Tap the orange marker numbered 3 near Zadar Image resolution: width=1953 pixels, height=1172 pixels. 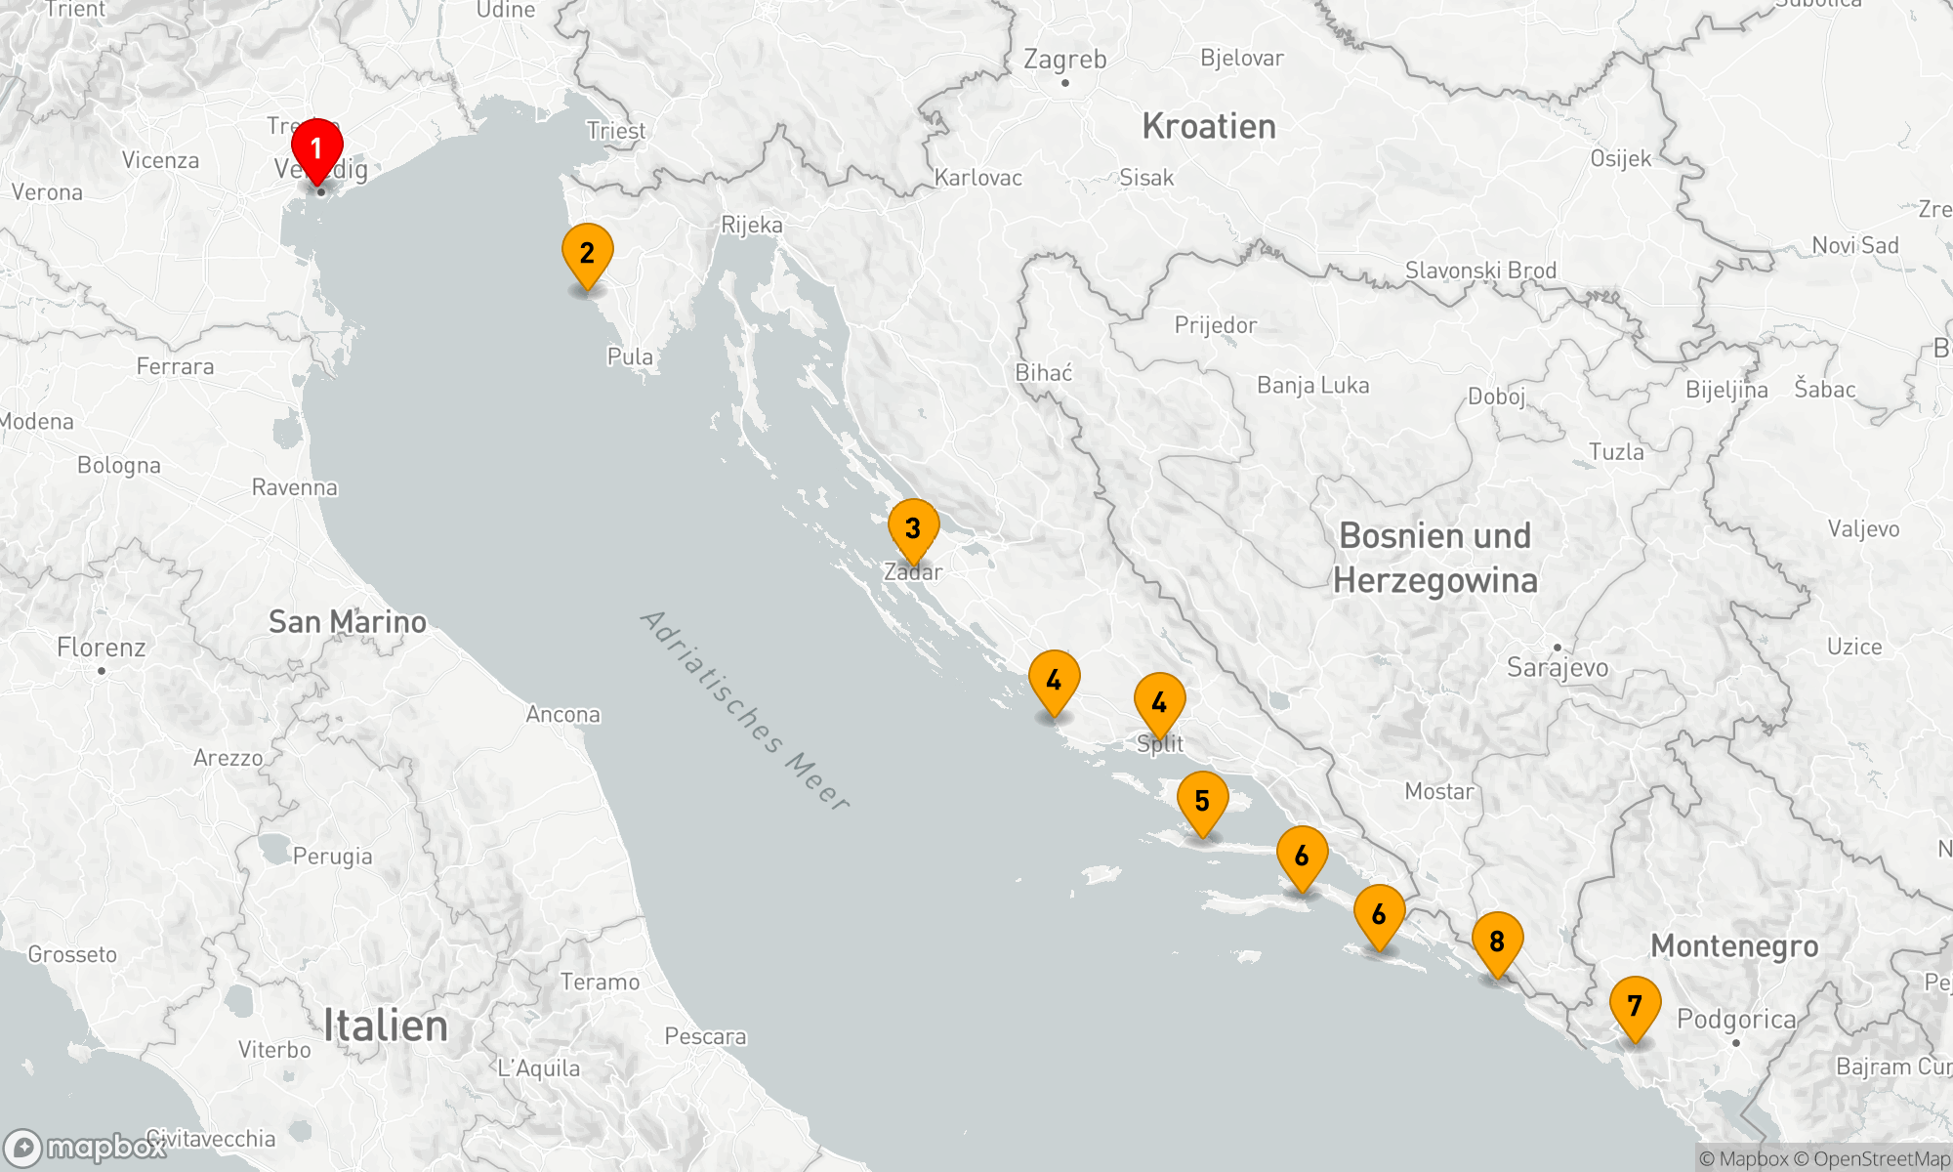tap(913, 529)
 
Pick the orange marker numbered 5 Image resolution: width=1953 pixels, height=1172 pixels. tap(1202, 802)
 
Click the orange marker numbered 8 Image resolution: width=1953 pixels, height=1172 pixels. tap(1497, 942)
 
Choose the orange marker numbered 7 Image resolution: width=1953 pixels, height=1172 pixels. tap(1635, 1006)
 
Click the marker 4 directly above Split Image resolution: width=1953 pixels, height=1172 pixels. tap(1159, 703)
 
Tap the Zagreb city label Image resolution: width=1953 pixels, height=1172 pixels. tap(1064, 60)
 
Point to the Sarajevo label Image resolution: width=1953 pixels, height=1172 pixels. tap(1558, 668)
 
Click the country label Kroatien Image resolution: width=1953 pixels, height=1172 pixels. tap(1209, 127)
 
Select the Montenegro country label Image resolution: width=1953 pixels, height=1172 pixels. tap(1734, 946)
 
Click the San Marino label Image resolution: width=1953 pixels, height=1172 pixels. tap(348, 622)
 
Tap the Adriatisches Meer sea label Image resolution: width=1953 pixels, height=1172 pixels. tap(744, 710)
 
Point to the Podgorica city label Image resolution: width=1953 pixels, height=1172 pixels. tap(1736, 1020)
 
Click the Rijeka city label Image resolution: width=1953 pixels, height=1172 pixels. tap(752, 226)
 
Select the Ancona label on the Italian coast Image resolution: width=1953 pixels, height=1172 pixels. tap(563, 715)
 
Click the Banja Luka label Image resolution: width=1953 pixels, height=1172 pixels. tap(1312, 386)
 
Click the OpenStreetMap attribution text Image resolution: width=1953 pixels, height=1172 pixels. tap(1881, 1159)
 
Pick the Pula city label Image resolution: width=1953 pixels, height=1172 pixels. tap(630, 357)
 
